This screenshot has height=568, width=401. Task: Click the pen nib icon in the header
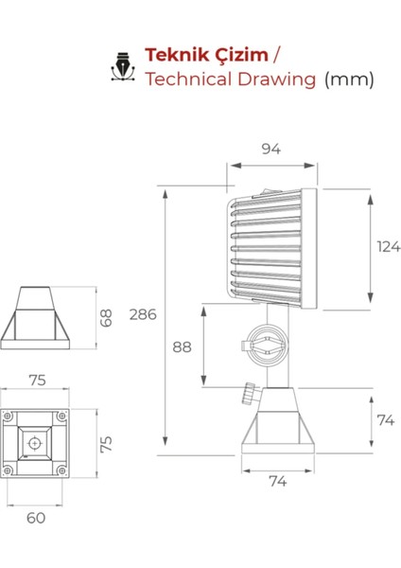pyautogui.click(x=122, y=66)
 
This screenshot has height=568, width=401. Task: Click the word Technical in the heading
pyautogui.click(x=187, y=79)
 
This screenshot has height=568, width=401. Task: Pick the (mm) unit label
pyautogui.click(x=349, y=79)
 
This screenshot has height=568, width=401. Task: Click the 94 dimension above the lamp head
pyautogui.click(x=271, y=149)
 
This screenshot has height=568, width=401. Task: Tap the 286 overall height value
pyautogui.click(x=144, y=314)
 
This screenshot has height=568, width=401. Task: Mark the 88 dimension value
pyautogui.click(x=183, y=346)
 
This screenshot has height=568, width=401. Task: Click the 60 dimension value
pyautogui.click(x=35, y=518)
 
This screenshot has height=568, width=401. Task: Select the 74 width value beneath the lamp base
pyautogui.click(x=276, y=481)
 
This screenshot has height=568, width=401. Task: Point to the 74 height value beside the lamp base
pyautogui.click(x=385, y=421)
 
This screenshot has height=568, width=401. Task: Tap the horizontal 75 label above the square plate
pyautogui.click(x=36, y=381)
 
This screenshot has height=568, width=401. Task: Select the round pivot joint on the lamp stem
pyautogui.click(x=265, y=346)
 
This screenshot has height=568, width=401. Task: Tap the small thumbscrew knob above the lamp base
pyautogui.click(x=249, y=392)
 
